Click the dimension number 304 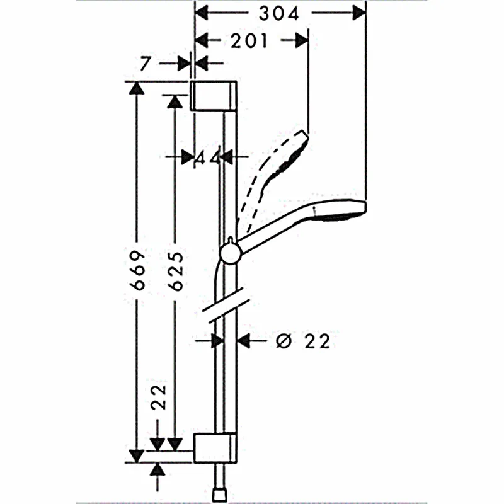[x=278, y=14]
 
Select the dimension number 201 [x=249, y=41]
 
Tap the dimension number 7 [x=145, y=64]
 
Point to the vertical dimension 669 [x=137, y=271]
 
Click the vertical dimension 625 [x=176, y=272]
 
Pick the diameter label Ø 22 [x=303, y=341]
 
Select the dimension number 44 [x=208, y=157]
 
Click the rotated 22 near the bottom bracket [x=159, y=397]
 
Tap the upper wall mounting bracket [x=214, y=96]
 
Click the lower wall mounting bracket [x=215, y=449]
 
